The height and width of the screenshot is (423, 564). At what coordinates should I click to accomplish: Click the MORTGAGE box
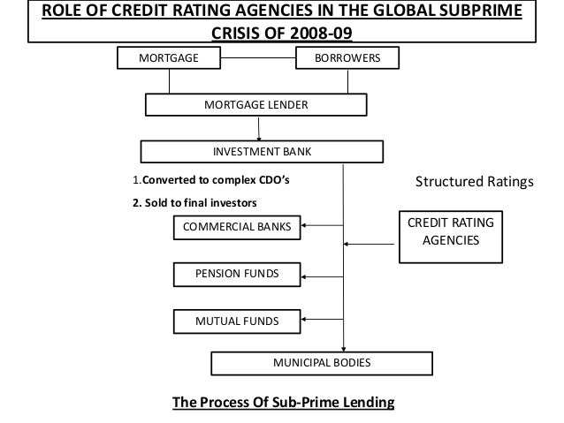coord(170,58)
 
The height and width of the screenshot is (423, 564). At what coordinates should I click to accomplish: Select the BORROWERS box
coord(347,58)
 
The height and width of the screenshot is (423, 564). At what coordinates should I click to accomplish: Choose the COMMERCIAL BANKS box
coord(236,228)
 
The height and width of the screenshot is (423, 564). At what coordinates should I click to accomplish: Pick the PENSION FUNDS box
coord(236,276)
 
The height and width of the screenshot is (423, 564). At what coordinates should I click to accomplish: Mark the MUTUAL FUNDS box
coord(236,320)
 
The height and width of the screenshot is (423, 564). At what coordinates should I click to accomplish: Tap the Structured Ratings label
coord(475,183)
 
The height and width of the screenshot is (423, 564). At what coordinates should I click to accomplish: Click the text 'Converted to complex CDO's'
coord(216,182)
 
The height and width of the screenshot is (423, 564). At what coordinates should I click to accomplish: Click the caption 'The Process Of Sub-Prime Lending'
coord(284,403)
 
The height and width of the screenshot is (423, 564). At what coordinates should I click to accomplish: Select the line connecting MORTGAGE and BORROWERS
coord(256,58)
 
